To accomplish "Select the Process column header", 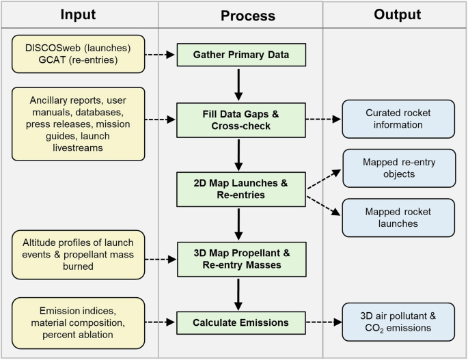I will [x=238, y=15].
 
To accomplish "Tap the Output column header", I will [x=394, y=14].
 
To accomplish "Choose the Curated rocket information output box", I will [x=398, y=119].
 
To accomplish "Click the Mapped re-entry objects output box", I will [x=398, y=168].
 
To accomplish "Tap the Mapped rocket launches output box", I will [x=398, y=218].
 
